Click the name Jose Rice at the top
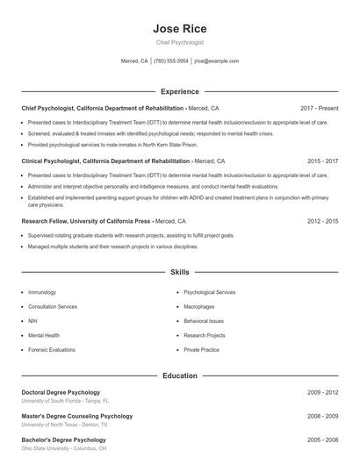click(179, 29)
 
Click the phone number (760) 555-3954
click(171, 61)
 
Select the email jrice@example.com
click(216, 61)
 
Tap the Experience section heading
click(179, 91)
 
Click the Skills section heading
click(179, 273)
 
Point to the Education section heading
click(179, 376)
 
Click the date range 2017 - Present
click(319, 108)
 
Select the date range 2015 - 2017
click(322, 161)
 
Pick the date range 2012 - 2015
click(322, 222)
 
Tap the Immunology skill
click(42, 292)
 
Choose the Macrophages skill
click(199, 307)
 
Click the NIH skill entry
click(32, 321)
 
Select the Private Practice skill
click(201, 349)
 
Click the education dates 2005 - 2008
click(322, 440)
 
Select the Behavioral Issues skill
click(204, 321)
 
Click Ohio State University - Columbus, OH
click(64, 447)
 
